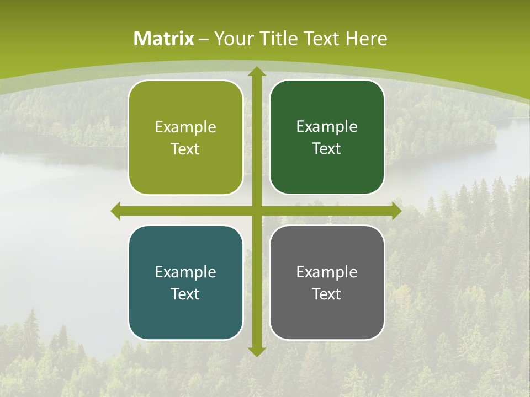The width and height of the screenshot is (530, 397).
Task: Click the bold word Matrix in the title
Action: (164, 39)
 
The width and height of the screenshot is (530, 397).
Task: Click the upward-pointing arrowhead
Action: (256, 72)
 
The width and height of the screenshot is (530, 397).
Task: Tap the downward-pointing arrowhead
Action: (256, 351)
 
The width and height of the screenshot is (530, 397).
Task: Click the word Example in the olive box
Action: (185, 127)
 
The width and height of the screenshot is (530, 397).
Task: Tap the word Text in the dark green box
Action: (327, 149)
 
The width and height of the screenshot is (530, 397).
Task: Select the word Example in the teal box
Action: (185, 272)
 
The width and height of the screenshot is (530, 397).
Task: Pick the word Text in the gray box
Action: (327, 294)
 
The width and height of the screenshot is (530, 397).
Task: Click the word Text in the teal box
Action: (185, 294)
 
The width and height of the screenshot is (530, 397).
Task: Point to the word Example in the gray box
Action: (327, 272)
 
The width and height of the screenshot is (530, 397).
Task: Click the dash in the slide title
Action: (204, 39)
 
